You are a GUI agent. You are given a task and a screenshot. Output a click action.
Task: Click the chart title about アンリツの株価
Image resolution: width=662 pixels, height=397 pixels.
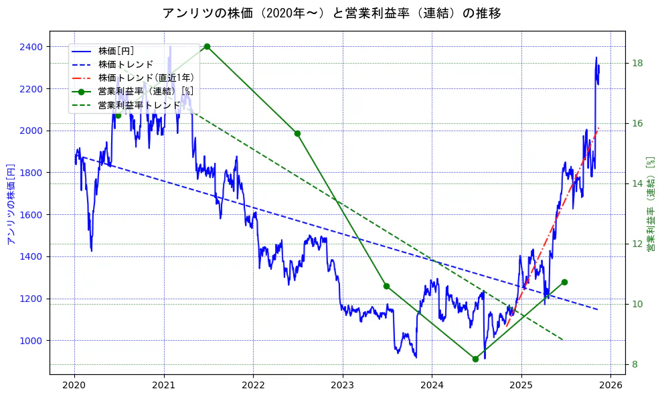point(331,13)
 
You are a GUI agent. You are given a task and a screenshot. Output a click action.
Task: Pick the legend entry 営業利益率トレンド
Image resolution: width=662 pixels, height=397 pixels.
point(139,105)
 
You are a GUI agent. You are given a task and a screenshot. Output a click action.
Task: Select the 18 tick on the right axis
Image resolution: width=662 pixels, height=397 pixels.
point(638,64)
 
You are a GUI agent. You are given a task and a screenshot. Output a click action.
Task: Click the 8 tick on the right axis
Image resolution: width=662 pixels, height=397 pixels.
point(635,364)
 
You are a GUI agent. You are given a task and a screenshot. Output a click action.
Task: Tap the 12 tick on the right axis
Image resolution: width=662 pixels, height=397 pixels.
point(638,244)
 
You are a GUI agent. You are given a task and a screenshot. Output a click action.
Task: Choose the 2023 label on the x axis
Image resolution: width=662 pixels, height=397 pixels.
point(343,386)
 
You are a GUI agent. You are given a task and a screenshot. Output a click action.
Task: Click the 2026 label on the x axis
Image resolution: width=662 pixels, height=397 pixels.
point(611,386)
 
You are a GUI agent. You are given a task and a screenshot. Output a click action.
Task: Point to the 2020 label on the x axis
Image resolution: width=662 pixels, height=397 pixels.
point(74,386)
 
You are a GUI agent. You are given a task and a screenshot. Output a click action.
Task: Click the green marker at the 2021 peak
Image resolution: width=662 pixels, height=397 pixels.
point(207,46)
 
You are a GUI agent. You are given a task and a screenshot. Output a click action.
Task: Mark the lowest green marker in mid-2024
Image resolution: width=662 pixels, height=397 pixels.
point(475,359)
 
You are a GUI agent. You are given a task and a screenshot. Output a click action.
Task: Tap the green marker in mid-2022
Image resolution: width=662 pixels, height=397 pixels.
point(297,133)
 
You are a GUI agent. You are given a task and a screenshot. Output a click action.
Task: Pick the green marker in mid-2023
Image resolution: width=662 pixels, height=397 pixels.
point(386,286)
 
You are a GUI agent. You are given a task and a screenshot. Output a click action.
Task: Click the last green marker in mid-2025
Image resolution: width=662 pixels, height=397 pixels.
point(564,282)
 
